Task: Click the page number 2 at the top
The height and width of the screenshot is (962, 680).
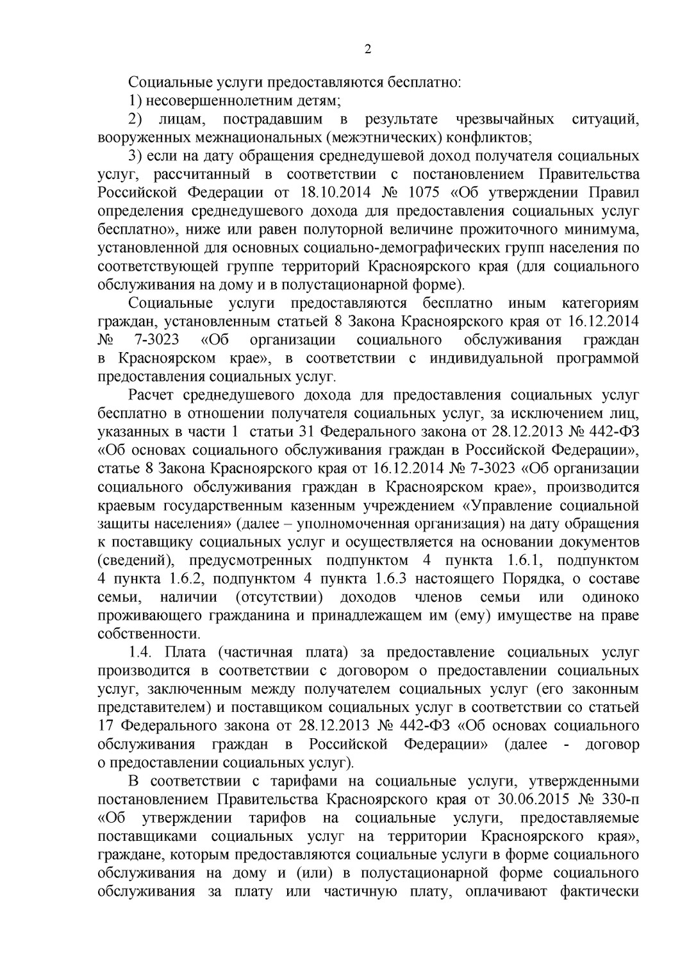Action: [368, 50]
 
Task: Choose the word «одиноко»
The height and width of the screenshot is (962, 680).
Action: [609, 598]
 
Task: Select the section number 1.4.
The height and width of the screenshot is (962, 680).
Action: [140, 653]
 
